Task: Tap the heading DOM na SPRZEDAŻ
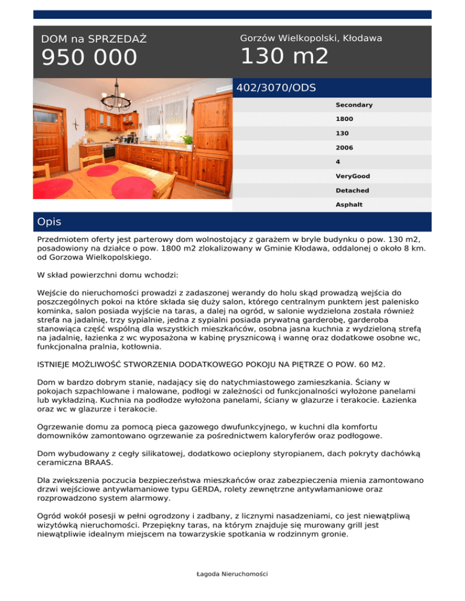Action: point(94,39)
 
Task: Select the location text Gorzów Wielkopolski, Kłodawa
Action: point(311,38)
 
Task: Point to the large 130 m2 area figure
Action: point(284,57)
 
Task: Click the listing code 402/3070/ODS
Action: point(276,88)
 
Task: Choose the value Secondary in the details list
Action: point(354,105)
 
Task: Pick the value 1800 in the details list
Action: point(344,119)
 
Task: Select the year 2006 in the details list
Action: point(344,148)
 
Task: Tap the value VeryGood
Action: point(352,176)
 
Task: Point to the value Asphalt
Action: point(349,205)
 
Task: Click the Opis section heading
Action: point(49,222)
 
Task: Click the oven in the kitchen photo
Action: point(110,151)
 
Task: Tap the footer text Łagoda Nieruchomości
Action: point(232,574)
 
